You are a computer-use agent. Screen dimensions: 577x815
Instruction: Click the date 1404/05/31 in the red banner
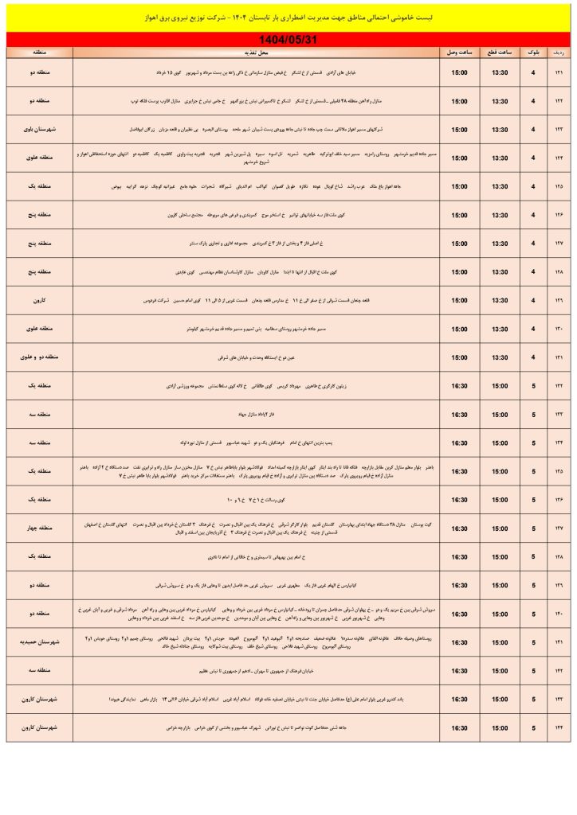(x=289, y=39)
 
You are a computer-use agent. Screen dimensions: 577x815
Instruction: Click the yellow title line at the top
(x=288, y=17)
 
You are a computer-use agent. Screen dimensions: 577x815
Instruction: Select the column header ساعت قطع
(x=500, y=52)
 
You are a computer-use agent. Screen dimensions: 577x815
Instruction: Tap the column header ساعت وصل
(x=460, y=52)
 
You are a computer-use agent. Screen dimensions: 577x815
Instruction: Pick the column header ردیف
(x=559, y=52)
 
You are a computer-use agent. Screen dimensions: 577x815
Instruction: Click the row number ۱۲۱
(x=559, y=73)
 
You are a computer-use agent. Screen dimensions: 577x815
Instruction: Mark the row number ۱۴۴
(x=559, y=727)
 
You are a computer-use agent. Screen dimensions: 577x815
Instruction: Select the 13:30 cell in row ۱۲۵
(x=500, y=187)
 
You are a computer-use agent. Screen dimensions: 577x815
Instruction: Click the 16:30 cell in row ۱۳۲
(x=460, y=386)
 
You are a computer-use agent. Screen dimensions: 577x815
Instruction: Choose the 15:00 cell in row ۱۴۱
(x=500, y=642)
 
